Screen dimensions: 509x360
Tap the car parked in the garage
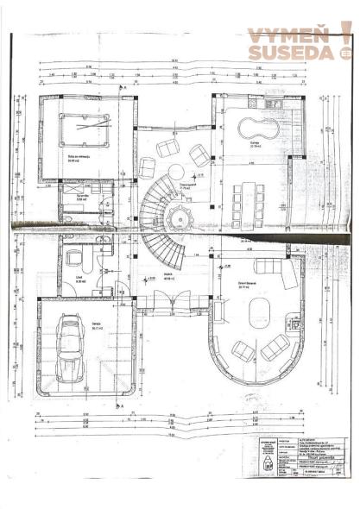click(x=68, y=350)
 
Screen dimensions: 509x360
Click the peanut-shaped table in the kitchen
click(x=256, y=131)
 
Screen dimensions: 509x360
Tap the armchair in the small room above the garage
click(x=75, y=257)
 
